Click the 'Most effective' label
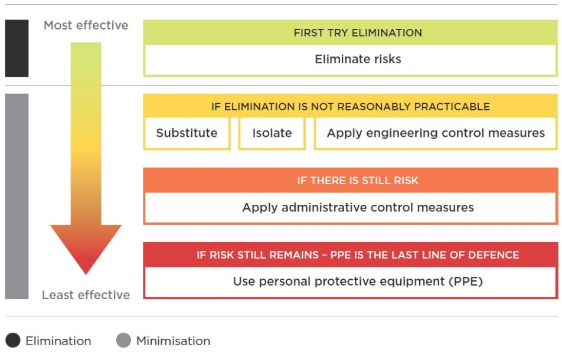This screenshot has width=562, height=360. pos(86,25)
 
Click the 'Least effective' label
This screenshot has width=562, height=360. pos(86,295)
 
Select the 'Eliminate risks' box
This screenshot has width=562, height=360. pos(358,60)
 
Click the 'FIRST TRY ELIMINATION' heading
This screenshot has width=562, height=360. pos(358,33)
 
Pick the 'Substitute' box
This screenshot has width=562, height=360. pos(187,133)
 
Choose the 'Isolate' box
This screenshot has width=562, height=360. pos(272,133)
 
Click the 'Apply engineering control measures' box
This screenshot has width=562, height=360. pos(436,133)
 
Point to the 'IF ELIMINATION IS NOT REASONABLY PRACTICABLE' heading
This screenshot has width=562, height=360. pos(351,107)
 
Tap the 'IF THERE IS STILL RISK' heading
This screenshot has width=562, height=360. pos(358,181)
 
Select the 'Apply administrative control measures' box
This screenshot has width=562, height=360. pos(358,208)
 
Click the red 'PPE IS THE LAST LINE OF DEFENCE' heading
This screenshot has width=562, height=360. pos(358,255)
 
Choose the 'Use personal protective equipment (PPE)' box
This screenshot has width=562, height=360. pos(358,282)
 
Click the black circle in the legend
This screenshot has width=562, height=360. pos(13,341)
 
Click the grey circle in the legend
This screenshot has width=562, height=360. pos(123,341)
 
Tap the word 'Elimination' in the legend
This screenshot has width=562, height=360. pos(58,341)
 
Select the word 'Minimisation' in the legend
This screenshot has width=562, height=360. pos(173,341)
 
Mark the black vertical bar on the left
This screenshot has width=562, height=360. pos(17,48)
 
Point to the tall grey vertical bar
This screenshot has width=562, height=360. pos(17,196)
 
